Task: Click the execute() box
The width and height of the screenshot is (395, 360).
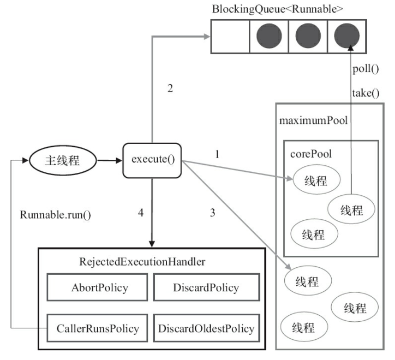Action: click(152, 160)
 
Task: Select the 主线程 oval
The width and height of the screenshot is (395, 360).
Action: click(63, 160)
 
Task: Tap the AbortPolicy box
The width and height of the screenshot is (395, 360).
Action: click(97, 287)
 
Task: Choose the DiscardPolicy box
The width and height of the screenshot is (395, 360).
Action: click(206, 287)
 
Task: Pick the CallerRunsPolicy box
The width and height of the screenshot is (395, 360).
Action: click(97, 328)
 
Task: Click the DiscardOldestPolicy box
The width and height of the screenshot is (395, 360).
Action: click(206, 328)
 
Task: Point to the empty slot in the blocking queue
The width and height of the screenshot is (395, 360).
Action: click(230, 37)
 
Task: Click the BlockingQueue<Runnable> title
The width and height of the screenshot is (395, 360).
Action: click(277, 9)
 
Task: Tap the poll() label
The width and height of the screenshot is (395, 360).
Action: click(366, 69)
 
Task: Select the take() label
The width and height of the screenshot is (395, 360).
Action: click(366, 93)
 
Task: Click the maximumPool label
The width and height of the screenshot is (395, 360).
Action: click(313, 121)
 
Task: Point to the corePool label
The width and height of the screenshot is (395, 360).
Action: click(311, 154)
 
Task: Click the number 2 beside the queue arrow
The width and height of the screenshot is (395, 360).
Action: click(170, 88)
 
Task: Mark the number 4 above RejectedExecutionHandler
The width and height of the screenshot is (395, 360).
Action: click(141, 213)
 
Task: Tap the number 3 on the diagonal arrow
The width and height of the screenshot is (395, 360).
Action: click(213, 213)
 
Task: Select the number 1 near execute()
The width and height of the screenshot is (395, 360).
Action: click(217, 154)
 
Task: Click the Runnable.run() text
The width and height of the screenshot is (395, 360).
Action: click(56, 215)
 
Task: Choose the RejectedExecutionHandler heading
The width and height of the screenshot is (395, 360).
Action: click(142, 262)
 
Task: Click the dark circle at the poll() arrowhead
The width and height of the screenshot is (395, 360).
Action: click(346, 36)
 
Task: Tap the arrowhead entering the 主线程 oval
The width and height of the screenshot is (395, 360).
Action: click(26, 160)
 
